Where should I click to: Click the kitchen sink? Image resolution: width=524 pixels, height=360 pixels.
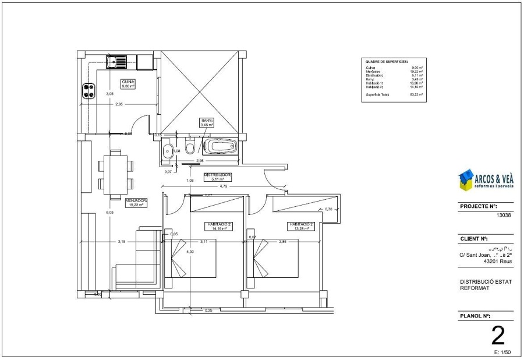pos(117,59)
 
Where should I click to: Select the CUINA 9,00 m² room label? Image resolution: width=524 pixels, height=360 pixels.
pos(128,83)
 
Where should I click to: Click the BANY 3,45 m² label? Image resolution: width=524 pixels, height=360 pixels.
pos(207,123)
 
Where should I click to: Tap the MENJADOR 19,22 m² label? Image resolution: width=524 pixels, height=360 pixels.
pos(136,202)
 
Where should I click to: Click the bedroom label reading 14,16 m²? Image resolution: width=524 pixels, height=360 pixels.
pos(219,226)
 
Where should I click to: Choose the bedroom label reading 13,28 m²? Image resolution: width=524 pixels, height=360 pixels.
pos(301,226)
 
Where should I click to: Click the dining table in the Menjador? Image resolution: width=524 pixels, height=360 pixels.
pos(114,174)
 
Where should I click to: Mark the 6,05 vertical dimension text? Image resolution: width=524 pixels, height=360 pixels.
pos(109,213)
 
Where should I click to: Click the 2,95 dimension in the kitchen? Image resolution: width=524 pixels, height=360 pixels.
pos(119,104)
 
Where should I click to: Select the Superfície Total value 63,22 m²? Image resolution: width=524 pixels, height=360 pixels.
pos(416,94)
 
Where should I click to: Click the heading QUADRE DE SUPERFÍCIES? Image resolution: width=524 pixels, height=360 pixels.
pos(386,61)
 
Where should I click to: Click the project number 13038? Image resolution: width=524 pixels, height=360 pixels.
pos(504,214)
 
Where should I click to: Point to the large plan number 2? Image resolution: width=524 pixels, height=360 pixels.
pos(498,336)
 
